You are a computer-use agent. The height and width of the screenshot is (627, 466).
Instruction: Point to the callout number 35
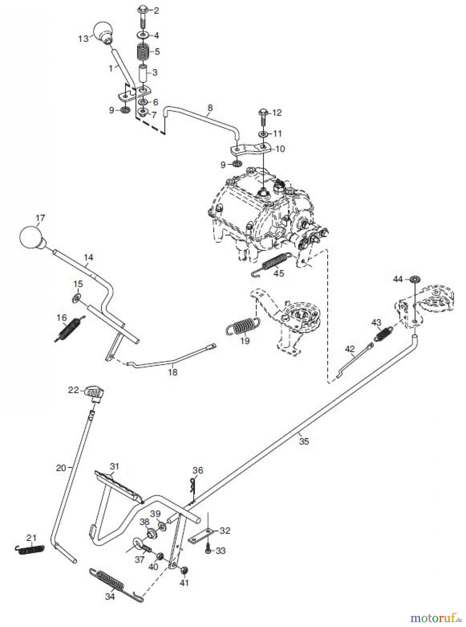[304, 441]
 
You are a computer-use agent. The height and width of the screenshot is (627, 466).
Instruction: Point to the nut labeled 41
[185, 570]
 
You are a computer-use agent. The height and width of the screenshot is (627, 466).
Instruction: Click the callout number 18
[172, 372]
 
